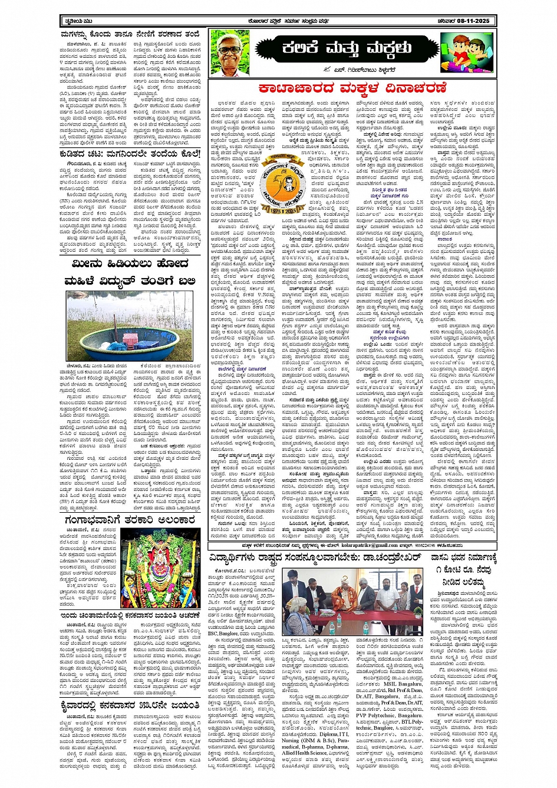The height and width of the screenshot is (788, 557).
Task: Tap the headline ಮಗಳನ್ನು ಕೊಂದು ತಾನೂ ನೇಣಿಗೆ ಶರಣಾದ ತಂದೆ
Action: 131,36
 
